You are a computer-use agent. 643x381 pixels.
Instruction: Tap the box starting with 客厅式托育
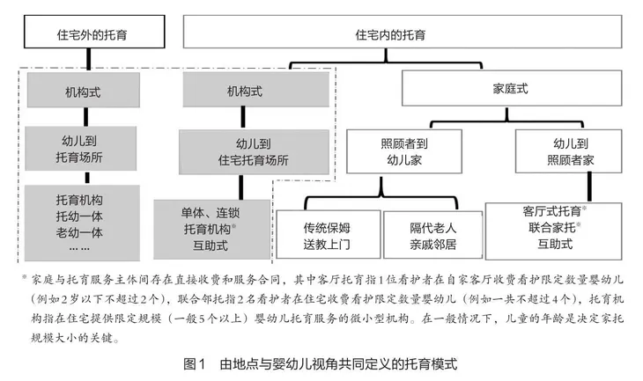pos(554,226)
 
